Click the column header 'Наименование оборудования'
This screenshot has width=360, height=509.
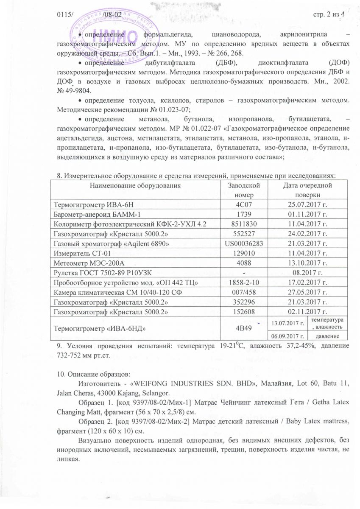135,185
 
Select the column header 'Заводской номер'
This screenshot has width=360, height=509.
242,190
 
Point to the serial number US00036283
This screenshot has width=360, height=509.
242,244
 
